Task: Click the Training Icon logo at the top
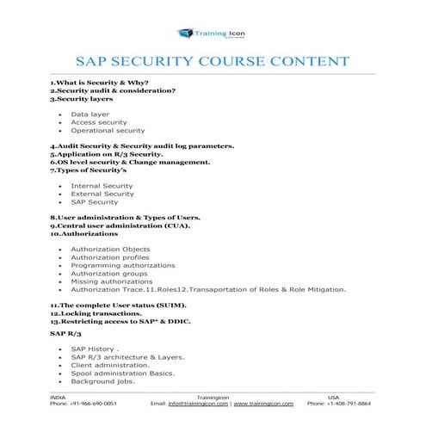point(212,34)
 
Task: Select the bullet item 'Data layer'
point(90,114)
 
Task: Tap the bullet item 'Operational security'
point(108,131)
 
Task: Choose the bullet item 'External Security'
point(102,194)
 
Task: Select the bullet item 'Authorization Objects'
point(110,249)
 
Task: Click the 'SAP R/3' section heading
point(65,332)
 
